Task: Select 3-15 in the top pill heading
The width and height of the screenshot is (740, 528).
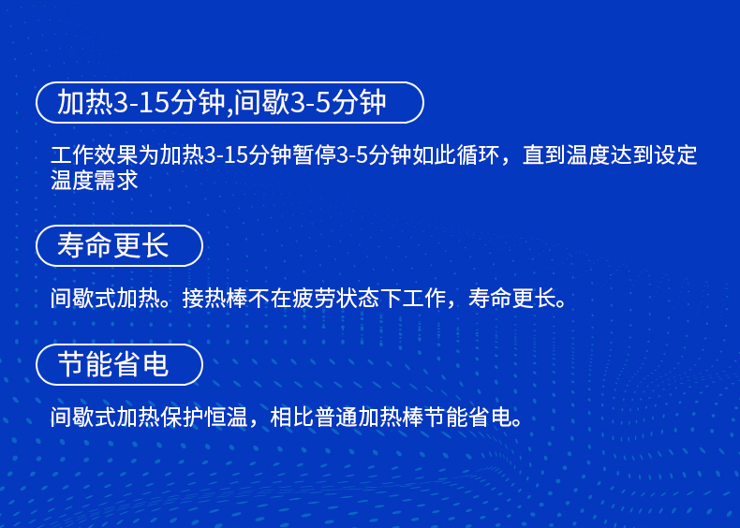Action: tap(141, 102)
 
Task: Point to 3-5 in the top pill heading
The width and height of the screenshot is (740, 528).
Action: tap(309, 102)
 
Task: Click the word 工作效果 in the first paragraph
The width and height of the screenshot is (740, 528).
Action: tap(94, 155)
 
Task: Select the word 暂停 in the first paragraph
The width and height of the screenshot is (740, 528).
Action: tap(315, 155)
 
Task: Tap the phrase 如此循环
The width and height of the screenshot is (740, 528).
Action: tap(455, 155)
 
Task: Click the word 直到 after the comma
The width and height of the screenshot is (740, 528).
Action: tap(544, 155)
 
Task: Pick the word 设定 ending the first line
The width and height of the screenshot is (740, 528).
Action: tap(675, 155)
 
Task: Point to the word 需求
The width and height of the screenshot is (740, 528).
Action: tap(116, 181)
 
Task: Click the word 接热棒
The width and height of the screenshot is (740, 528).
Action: tap(215, 299)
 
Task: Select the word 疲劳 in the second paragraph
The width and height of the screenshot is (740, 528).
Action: tap(314, 299)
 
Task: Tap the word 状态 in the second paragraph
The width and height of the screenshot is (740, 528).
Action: tap(357, 299)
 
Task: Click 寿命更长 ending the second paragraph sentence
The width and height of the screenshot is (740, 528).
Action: tap(511, 299)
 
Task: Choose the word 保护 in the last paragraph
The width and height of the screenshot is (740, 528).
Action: tap(182, 418)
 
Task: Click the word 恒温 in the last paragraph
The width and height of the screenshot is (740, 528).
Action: tap(226, 418)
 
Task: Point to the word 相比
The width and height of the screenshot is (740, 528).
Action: tap(291, 418)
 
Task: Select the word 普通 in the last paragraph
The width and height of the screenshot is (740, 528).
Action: tap(335, 418)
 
